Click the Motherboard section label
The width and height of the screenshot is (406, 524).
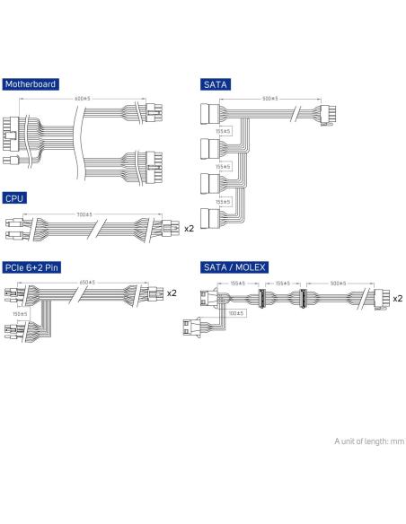pos(31,84)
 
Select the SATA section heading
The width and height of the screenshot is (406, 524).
pos(216,84)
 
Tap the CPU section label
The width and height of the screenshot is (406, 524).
pos(14,198)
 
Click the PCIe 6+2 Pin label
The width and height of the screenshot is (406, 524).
pos(31,267)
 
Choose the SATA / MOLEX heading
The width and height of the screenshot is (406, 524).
pos(234,267)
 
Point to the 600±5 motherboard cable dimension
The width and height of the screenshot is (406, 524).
pos(83,99)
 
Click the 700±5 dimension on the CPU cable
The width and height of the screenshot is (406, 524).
pos(84,214)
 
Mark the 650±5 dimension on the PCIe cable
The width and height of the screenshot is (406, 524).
pos(87,283)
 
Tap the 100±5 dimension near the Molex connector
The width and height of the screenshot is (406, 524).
pos(236,313)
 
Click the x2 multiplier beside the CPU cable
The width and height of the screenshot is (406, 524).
pos(189,229)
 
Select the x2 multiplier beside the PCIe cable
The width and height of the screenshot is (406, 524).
pos(172,293)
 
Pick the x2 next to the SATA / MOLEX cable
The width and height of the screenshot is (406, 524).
pos(398,299)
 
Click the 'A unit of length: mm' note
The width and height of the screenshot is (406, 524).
pos(369,441)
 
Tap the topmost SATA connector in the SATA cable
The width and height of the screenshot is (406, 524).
pos(210,114)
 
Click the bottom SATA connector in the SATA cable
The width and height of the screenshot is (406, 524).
pos(210,219)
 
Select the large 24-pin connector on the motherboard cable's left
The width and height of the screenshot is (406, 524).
pos(12,134)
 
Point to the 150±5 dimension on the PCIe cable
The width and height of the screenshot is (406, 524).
pos(20,314)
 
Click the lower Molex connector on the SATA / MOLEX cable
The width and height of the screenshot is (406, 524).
pos(191,327)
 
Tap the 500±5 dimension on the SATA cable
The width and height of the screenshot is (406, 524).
pos(270,99)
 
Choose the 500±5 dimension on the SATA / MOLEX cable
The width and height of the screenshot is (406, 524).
pos(338,284)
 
